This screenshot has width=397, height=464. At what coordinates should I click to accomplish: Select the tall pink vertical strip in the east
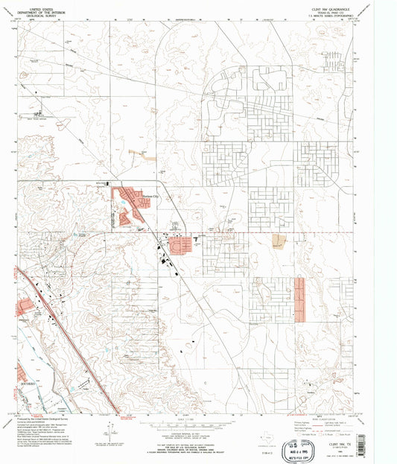coord(299,299)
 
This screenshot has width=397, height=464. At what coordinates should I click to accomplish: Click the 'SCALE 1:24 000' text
coord(198,419)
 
